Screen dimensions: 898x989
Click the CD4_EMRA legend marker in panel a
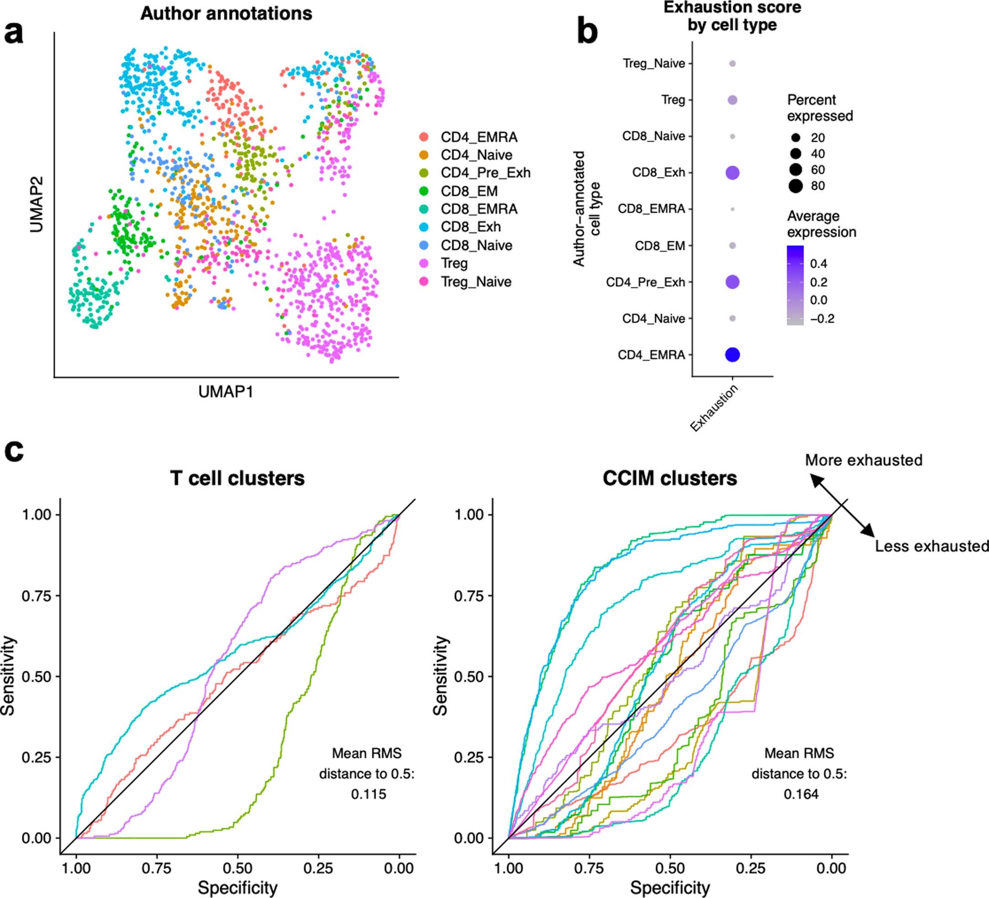coord(424,137)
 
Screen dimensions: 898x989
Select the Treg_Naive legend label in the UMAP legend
coord(476,282)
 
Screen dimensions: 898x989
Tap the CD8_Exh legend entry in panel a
coord(470,227)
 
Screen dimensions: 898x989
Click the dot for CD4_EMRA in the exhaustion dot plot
coord(732,354)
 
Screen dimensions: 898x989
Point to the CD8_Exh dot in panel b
coord(732,173)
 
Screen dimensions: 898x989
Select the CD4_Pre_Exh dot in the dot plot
coord(732,282)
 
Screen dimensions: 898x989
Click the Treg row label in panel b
coord(672,100)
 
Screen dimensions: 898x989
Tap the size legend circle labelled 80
coord(796,186)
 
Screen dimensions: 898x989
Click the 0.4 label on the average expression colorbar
coord(818,263)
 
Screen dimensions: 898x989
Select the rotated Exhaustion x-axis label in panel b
coord(714,408)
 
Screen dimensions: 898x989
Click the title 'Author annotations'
coord(226,14)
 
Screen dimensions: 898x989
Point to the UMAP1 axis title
coord(226,392)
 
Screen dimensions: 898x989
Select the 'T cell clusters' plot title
coord(237,478)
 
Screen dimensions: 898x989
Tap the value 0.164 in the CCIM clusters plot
coord(801,794)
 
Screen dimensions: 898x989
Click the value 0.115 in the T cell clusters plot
coord(369,794)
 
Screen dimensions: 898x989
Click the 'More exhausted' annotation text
coord(864,460)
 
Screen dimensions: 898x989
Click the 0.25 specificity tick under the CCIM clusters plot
coord(750,868)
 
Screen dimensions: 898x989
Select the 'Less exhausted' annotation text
coord(931,546)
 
